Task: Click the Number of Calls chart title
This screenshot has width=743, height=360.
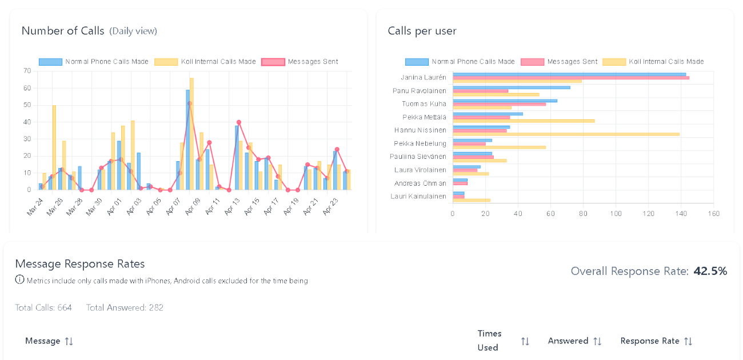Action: tap(63, 31)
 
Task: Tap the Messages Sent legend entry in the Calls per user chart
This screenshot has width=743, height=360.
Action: tap(572, 62)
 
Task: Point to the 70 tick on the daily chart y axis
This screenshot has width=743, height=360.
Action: tap(27, 71)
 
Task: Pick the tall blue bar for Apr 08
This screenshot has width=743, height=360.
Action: tap(187, 139)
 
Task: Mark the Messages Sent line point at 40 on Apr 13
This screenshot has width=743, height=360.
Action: tap(238, 122)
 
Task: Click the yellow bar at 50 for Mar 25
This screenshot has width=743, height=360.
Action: tap(54, 147)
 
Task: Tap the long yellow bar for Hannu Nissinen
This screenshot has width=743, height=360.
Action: tap(566, 134)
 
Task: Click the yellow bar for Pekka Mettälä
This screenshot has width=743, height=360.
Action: tap(524, 121)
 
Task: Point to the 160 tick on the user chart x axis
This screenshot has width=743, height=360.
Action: tap(713, 214)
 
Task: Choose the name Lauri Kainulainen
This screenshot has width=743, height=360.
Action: tap(418, 196)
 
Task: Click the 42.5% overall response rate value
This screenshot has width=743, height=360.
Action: tap(710, 271)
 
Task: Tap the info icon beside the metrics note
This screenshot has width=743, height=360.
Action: tap(20, 280)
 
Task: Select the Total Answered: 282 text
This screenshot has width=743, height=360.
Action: tap(125, 307)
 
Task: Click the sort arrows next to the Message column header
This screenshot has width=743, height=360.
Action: tap(69, 341)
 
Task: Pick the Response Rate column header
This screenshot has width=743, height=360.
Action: tap(650, 341)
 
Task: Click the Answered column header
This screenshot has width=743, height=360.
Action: tap(568, 341)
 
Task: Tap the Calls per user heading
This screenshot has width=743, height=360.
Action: tap(422, 31)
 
